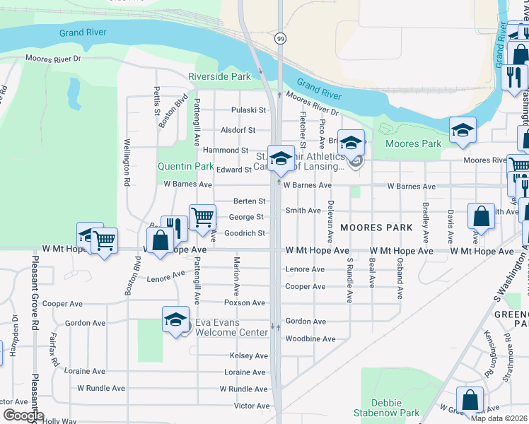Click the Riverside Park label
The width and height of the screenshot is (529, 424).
(x=219, y=76)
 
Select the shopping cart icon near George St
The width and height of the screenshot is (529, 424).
(x=202, y=216)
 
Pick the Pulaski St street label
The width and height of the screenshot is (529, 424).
(x=252, y=110)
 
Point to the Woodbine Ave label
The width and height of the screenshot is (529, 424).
(x=310, y=339)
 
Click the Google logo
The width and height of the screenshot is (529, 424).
(x=23, y=416)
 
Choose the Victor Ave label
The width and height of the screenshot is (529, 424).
(x=252, y=406)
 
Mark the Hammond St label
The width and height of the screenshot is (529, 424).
(x=226, y=151)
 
